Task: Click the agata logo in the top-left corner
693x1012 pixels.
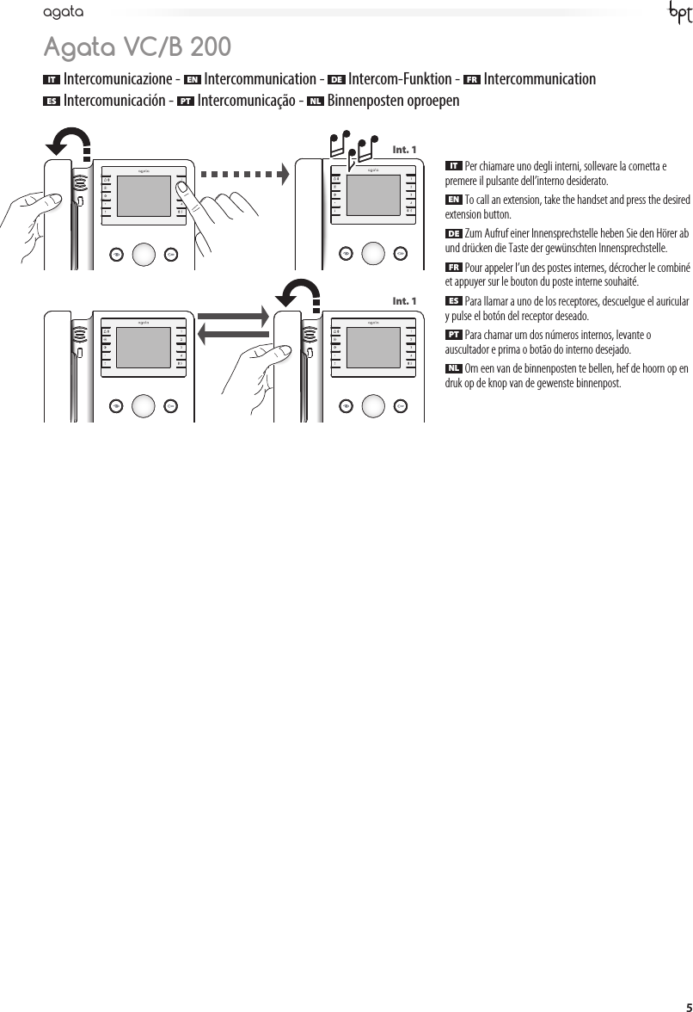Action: pos(63,13)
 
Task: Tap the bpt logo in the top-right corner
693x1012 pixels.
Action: pos(678,15)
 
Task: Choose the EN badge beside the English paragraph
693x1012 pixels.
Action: pos(454,200)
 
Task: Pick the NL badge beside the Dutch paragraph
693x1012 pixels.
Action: pos(454,368)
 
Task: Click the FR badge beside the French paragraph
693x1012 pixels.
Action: pos(454,267)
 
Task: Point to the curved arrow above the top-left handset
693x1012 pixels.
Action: pos(71,141)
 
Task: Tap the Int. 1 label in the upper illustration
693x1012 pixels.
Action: pos(404,150)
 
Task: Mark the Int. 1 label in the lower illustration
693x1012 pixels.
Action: pos(404,301)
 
